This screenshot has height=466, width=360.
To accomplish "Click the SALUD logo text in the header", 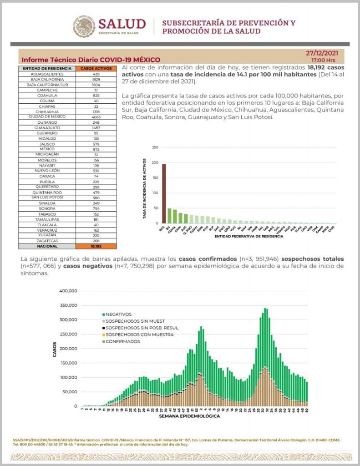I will coord(122,24).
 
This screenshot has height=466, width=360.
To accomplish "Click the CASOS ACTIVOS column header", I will coord(96,68).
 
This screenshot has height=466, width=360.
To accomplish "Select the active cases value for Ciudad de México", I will coord(96,117).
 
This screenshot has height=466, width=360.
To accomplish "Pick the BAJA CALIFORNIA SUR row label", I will coord(47,85).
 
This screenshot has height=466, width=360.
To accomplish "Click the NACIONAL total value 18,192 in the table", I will coord(96,246).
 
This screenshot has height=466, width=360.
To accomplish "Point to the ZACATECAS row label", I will coord(47,241).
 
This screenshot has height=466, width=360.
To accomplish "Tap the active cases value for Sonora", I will coord(96,208).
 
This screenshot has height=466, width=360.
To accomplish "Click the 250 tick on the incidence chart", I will coord(155,147).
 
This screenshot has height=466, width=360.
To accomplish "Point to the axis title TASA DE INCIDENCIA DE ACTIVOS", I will coord(145,189).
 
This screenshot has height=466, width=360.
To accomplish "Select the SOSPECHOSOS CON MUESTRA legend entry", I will coord(129,334).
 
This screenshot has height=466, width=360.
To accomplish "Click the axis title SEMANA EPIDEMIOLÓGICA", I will coord(190,416).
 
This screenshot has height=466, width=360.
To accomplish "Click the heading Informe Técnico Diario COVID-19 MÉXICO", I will coord(91,60).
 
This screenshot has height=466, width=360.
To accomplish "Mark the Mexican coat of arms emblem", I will coord(84,26).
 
